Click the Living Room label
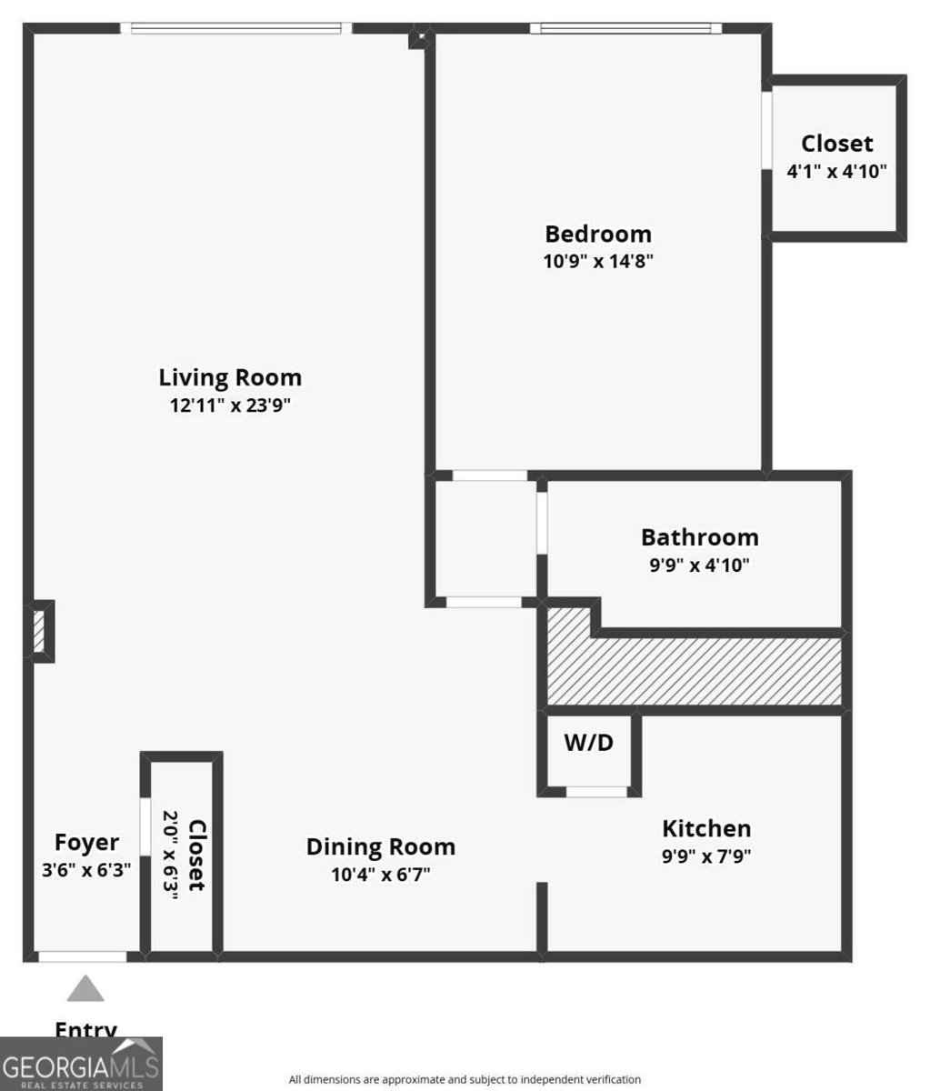(x=230, y=377)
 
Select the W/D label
(x=589, y=743)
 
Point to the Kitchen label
(x=706, y=828)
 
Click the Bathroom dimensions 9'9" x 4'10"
(x=699, y=565)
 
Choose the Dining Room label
(x=380, y=846)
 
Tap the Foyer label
(x=86, y=842)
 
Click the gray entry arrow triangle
(x=85, y=989)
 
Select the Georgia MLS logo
(x=81, y=1064)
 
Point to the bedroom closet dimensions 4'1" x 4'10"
(x=836, y=170)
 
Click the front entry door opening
(x=82, y=956)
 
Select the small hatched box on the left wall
(x=39, y=631)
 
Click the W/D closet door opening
(x=596, y=792)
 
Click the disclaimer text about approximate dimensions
(x=465, y=1079)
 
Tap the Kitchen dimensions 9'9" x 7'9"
(x=706, y=856)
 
